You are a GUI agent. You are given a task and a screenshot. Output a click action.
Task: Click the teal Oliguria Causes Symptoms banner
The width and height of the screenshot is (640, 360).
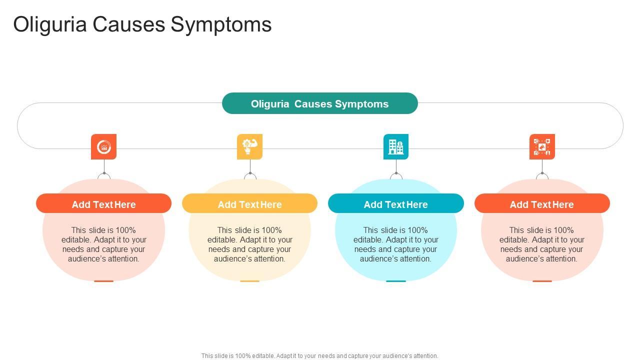coord(319,103)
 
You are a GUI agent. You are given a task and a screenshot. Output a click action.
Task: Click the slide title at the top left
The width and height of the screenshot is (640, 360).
coord(142,24)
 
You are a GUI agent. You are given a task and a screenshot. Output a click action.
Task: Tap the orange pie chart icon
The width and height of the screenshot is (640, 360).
coord(103,146)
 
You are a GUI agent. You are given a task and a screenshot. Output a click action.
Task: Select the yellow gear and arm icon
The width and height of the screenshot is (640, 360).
coord(249,146)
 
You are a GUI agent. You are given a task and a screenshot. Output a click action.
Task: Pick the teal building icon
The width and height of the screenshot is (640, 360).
coord(395,146)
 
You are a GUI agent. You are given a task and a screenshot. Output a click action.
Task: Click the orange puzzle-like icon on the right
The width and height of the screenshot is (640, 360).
coord(542,146)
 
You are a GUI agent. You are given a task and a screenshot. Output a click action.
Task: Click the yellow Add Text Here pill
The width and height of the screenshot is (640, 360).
coord(249,204)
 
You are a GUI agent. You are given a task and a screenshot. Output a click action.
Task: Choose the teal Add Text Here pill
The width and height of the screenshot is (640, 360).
coord(395,204)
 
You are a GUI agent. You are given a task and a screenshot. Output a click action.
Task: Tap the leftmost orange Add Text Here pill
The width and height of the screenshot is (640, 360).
coord(103,204)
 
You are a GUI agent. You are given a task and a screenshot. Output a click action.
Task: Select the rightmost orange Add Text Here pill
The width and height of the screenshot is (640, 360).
coord(542,204)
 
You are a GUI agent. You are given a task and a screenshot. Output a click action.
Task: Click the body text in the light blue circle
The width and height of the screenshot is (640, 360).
coord(395,244)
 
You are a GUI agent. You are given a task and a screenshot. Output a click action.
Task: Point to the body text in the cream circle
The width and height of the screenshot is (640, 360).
coord(249,244)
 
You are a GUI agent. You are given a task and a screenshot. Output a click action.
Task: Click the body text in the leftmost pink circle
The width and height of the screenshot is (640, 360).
coord(103,244)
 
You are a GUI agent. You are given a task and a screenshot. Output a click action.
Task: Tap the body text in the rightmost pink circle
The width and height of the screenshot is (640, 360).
coord(542,244)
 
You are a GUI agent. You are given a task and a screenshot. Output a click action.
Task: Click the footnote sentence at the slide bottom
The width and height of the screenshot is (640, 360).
coord(319,356)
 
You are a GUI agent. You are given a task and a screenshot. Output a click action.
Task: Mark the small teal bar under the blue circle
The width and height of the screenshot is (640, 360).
coord(395,281)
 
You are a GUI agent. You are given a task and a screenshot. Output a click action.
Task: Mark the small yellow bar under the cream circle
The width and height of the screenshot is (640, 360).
coord(249,281)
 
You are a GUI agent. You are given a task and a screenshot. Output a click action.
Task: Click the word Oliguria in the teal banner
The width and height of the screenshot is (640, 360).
coord(270,104)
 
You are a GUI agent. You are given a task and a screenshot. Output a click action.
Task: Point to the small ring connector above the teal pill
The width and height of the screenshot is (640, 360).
coord(396,175)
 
